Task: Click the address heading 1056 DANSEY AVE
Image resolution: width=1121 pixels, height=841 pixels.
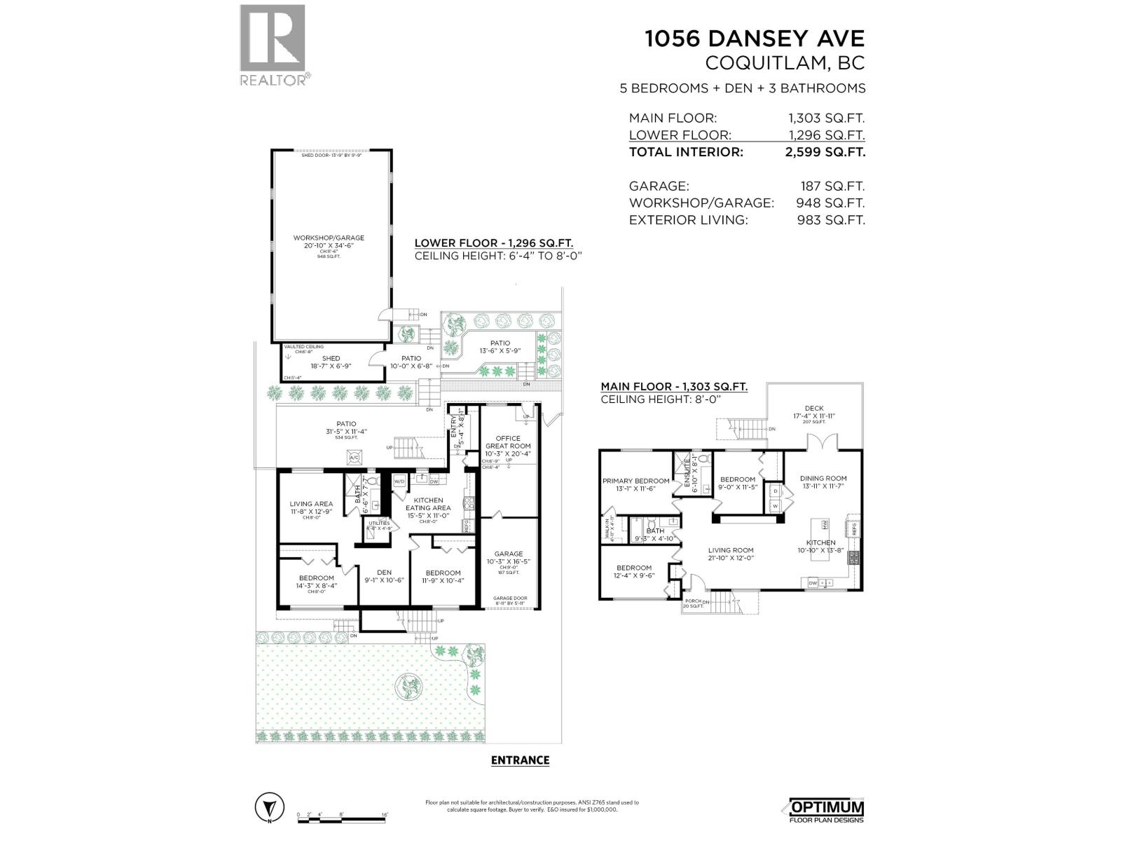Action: [x=754, y=39]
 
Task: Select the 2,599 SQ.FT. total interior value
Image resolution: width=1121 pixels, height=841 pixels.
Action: [x=825, y=152]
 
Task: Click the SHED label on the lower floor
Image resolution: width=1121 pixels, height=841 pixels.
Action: [x=331, y=358]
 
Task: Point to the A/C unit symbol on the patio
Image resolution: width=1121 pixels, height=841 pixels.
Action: [x=354, y=458]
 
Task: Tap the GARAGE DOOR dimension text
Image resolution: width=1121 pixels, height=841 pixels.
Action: [x=510, y=599]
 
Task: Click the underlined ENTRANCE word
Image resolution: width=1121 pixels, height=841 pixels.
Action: [x=520, y=760]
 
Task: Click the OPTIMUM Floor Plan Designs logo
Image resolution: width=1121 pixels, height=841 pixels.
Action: [x=826, y=810]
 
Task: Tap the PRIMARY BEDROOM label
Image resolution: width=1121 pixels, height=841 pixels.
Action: [x=635, y=481]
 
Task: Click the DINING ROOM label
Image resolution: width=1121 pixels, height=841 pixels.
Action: [x=823, y=479]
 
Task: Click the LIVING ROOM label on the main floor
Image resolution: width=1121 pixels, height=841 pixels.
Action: [x=730, y=550]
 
